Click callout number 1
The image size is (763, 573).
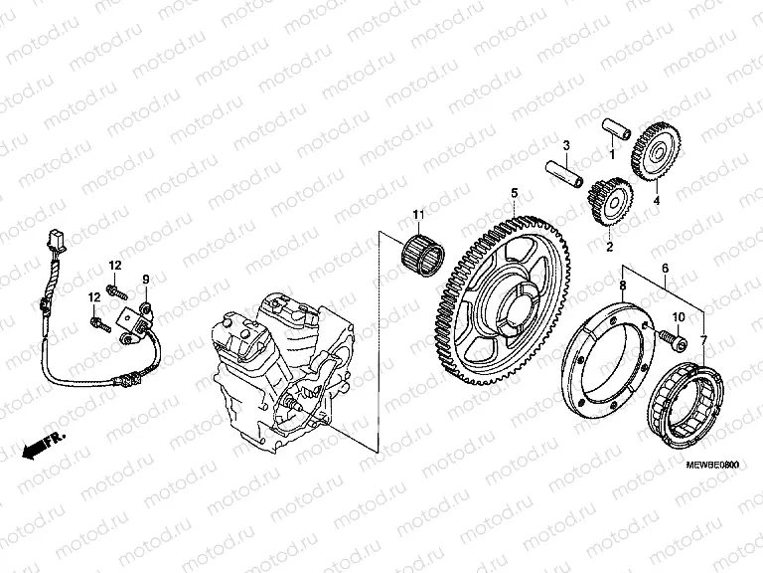click(x=612, y=154)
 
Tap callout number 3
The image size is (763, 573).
click(x=565, y=145)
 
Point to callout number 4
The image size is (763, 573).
click(x=656, y=200)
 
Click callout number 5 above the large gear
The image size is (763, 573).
click(x=515, y=192)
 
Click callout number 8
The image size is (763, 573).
click(x=623, y=286)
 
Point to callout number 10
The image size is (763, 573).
click(x=680, y=317)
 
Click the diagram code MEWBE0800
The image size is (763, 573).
click(x=713, y=464)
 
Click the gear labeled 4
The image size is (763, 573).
click(x=652, y=152)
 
